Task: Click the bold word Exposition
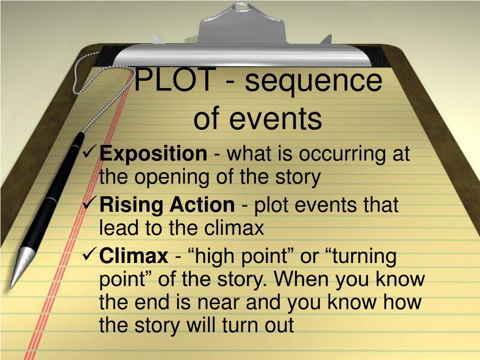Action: [153, 154]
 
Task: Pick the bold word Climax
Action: [134, 256]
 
